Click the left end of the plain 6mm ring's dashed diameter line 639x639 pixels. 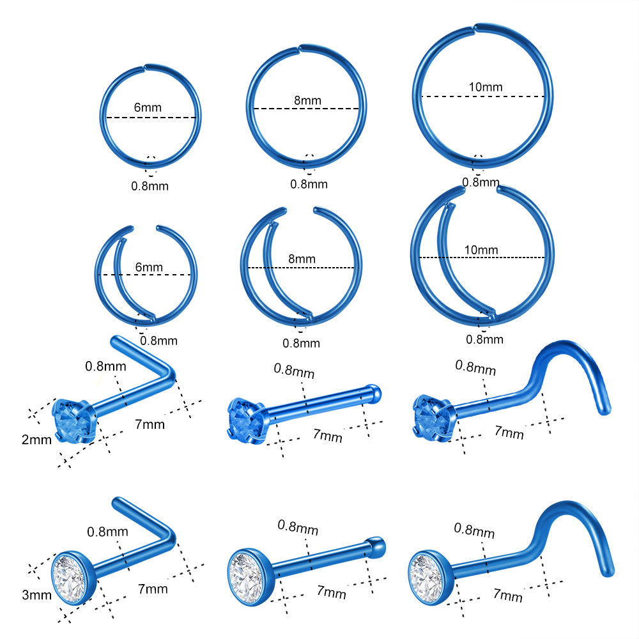[x=107, y=118]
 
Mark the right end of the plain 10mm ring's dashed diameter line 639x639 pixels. [x=545, y=96]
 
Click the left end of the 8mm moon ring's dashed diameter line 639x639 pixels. [x=248, y=268]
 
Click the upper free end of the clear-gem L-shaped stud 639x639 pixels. [x=116, y=501]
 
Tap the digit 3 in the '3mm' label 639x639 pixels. [x=26, y=595]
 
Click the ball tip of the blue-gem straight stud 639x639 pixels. [x=374, y=393]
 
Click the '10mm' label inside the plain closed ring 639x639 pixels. [x=486, y=87]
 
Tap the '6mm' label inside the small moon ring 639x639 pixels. [x=149, y=267]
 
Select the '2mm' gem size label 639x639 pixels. [x=36, y=440]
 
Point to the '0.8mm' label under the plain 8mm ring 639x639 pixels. [x=309, y=184]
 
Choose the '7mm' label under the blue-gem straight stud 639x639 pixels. [x=328, y=435]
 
